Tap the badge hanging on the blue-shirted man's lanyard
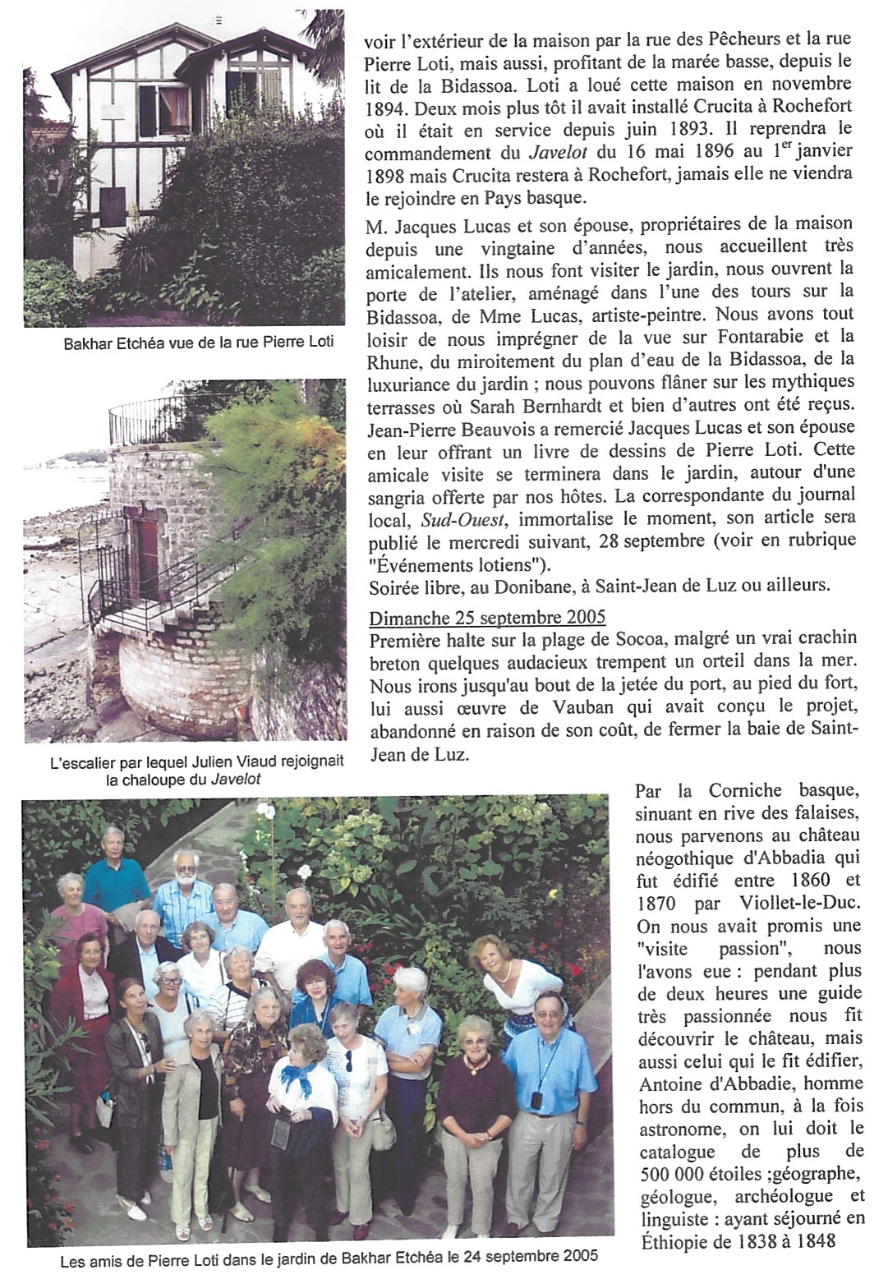[536, 1099]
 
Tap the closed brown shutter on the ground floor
[113, 208]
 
